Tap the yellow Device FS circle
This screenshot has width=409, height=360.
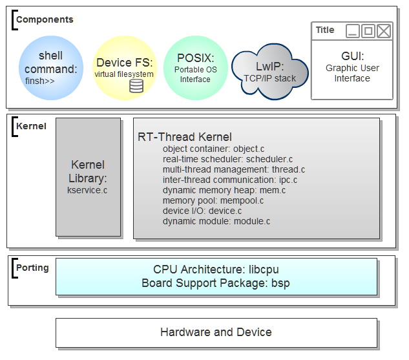pyautogui.click(x=125, y=67)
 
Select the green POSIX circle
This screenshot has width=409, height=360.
pyautogui.click(x=194, y=67)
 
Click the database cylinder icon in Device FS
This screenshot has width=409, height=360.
pyautogui.click(x=136, y=85)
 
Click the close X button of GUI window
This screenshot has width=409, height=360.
pyautogui.click(x=384, y=30)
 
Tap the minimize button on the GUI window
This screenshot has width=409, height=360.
pyautogui.click(x=352, y=30)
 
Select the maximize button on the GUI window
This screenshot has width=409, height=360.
pyautogui.click(x=368, y=30)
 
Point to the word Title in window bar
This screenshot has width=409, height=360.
pyautogui.click(x=325, y=30)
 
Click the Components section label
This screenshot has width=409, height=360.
pyautogui.click(x=45, y=19)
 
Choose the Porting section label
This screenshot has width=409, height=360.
pyautogui.click(x=32, y=268)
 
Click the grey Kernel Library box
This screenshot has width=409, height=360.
pyautogui.click(x=88, y=176)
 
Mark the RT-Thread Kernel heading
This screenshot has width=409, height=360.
pyautogui.click(x=185, y=137)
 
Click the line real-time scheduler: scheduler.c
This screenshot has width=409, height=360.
pyautogui.click(x=227, y=159)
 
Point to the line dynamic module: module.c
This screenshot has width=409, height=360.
pyautogui.click(x=216, y=221)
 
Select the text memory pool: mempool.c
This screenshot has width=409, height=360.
pyautogui.click(x=213, y=200)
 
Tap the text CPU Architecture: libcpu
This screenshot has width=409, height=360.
pyautogui.click(x=216, y=270)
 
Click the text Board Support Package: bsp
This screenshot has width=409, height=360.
pyautogui.click(x=216, y=282)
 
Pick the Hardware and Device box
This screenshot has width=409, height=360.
pyautogui.click(x=216, y=332)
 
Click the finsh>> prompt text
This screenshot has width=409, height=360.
pyautogui.click(x=40, y=81)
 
